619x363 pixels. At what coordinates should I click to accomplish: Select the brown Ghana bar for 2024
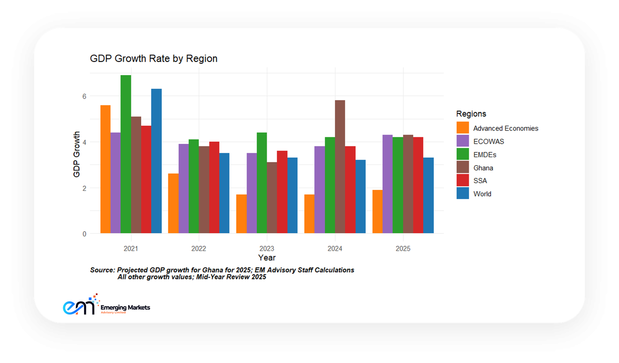click(340, 167)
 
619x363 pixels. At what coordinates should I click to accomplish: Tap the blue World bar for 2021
click(156, 161)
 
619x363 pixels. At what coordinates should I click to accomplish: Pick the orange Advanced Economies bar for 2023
click(241, 214)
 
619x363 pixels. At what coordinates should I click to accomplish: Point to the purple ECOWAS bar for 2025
click(388, 184)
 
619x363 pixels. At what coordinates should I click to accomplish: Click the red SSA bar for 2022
click(214, 187)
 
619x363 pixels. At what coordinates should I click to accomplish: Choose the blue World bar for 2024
click(361, 196)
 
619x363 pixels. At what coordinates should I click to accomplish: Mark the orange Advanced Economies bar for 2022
click(173, 203)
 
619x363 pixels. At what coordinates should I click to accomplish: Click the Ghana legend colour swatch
click(463, 167)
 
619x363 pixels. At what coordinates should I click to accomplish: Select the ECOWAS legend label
click(489, 141)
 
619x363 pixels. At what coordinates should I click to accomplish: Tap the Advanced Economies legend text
click(506, 128)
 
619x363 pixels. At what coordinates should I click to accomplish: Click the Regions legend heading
click(471, 114)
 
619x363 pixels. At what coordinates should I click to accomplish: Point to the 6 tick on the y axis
click(84, 96)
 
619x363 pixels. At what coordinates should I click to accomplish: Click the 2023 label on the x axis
click(267, 249)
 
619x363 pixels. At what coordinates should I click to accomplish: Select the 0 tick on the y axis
click(84, 234)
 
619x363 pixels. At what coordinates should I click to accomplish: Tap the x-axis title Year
click(267, 258)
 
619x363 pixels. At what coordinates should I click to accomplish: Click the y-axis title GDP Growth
click(77, 154)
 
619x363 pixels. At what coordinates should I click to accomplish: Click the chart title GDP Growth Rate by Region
click(154, 58)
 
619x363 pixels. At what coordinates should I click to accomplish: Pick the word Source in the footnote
click(102, 270)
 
